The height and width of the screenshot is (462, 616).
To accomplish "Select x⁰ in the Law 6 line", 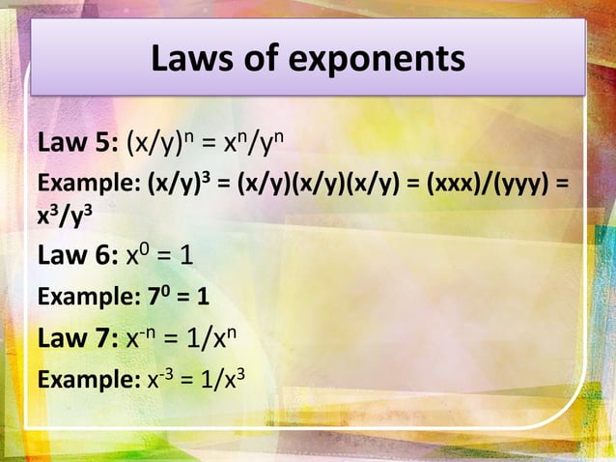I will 138,258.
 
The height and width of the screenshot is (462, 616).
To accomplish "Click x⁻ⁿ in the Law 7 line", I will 142,339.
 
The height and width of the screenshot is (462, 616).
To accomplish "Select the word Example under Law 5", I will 75,184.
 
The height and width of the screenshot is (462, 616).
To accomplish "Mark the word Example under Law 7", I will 75,378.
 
